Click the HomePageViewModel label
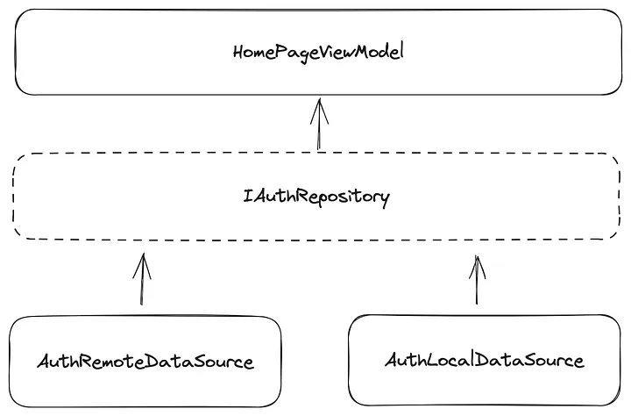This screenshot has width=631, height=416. click(319, 52)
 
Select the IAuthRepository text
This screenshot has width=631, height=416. click(316, 196)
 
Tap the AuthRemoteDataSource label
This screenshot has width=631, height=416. click(145, 362)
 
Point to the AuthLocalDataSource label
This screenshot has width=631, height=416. click(485, 360)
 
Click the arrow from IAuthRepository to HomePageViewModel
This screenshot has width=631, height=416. click(319, 125)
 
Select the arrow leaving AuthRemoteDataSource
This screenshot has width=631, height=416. click(141, 281)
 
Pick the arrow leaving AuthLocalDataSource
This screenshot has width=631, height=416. click(478, 281)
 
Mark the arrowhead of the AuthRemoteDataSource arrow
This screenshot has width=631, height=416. click(141, 262)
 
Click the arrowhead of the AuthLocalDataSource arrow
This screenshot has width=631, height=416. click(478, 262)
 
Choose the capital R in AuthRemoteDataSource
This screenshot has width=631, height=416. click(82, 362)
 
